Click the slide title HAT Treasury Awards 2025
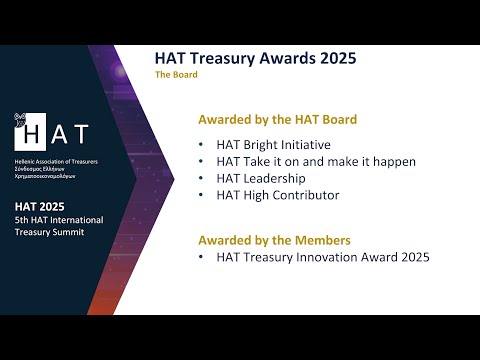(x=255, y=58)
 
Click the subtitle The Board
(x=176, y=75)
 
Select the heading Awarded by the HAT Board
(x=277, y=120)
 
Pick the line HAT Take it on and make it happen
(x=315, y=161)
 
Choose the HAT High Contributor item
(x=277, y=195)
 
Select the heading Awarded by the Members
(x=274, y=240)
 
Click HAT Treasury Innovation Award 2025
(x=322, y=257)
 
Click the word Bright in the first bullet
(x=266, y=144)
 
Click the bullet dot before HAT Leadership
(x=203, y=178)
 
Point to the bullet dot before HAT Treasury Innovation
(x=203, y=257)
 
